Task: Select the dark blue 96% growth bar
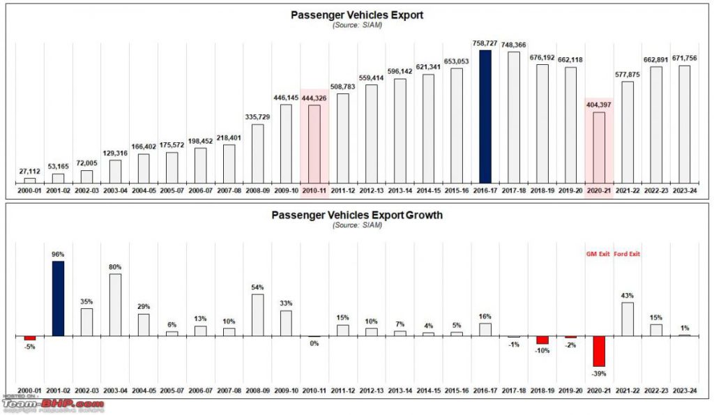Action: coord(58,299)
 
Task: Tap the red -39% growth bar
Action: coord(599,351)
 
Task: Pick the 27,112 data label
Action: coord(29,171)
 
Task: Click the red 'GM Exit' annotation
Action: coord(597,254)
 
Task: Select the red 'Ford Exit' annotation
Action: coord(627,254)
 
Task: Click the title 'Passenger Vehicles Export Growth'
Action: coord(357,215)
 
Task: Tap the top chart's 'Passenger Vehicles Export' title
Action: coord(357,14)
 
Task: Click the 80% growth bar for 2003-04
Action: coord(115,304)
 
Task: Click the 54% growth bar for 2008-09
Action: coord(257,315)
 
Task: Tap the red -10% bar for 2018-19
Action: coord(542,340)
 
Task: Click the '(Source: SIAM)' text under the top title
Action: coord(357,24)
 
